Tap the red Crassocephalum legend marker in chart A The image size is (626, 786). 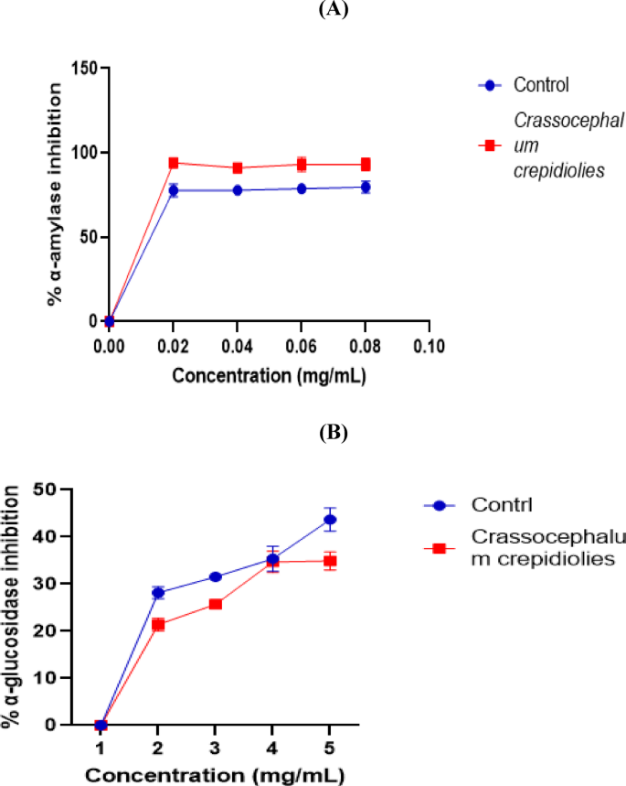[x=491, y=145]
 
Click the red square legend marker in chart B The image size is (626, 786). [x=439, y=548]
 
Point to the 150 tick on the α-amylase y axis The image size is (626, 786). [x=86, y=69]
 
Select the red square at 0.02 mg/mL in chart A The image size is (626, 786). [x=173, y=163]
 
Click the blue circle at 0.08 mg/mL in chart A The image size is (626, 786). [x=366, y=187]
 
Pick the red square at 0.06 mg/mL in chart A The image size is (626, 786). [x=302, y=165]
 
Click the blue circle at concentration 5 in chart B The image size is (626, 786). [x=330, y=520]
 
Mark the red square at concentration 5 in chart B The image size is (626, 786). [x=330, y=561]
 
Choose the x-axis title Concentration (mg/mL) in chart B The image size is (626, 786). [x=215, y=774]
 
